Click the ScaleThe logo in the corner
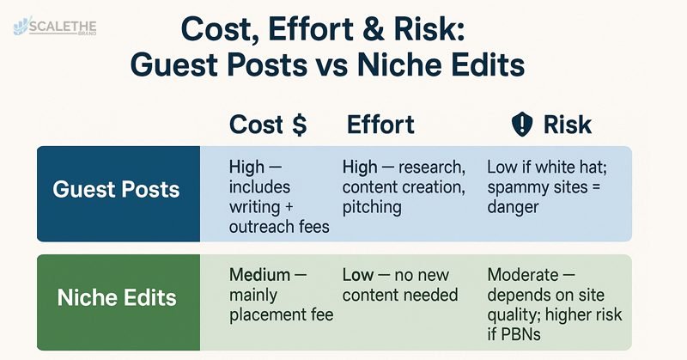(x=55, y=27)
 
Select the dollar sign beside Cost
(x=299, y=125)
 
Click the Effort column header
(x=380, y=125)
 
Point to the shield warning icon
(x=522, y=124)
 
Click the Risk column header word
(x=568, y=125)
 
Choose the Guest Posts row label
(x=116, y=189)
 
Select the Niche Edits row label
(x=117, y=298)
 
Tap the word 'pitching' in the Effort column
(x=372, y=207)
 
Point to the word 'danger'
(x=513, y=207)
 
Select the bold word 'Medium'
(x=260, y=275)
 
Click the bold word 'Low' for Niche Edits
(x=358, y=275)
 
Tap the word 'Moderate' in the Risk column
(x=523, y=275)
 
